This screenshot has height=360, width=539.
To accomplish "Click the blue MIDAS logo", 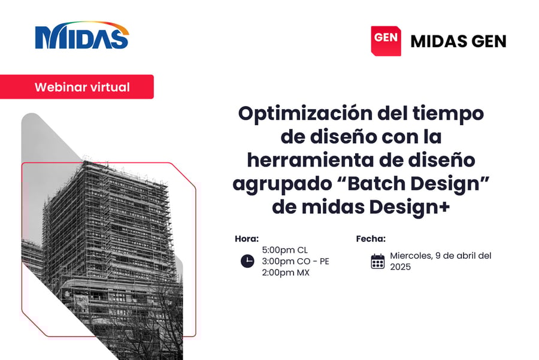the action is [82, 35].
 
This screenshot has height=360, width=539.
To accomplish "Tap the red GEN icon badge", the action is [386, 41].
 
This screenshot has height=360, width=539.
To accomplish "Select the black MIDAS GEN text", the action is [458, 41].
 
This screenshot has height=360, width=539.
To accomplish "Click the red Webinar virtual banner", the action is [77, 87].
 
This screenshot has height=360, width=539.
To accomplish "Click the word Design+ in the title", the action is [410, 208].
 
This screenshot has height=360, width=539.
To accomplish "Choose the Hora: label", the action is [247, 238].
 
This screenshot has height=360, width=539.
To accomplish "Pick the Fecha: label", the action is [371, 238].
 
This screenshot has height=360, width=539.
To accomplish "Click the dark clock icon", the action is [247, 261].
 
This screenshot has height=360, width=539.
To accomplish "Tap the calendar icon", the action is [378, 261].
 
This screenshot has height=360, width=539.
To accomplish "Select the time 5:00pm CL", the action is [284, 250].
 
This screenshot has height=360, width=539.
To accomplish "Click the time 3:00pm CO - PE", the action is [295, 261].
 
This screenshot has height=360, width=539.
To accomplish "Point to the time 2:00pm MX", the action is [286, 273].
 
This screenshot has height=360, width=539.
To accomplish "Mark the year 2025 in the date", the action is [400, 267].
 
